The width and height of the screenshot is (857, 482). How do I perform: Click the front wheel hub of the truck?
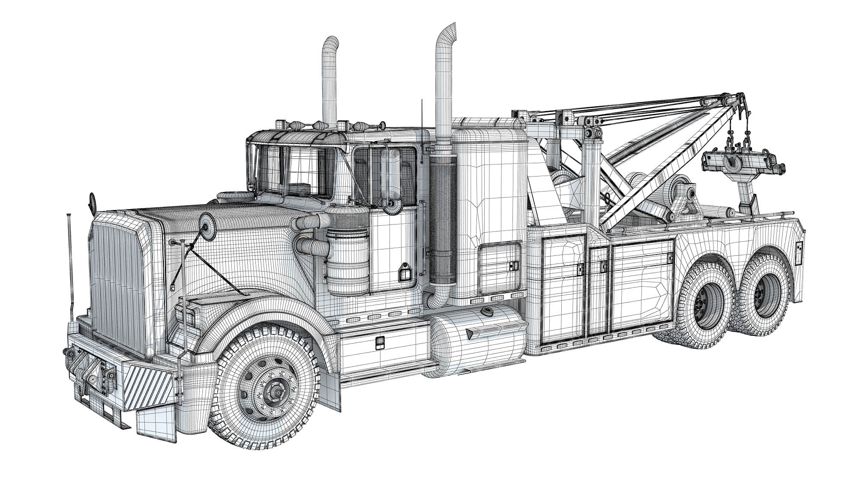(271, 391)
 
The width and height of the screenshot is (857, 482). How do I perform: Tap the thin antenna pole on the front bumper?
(69, 261)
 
